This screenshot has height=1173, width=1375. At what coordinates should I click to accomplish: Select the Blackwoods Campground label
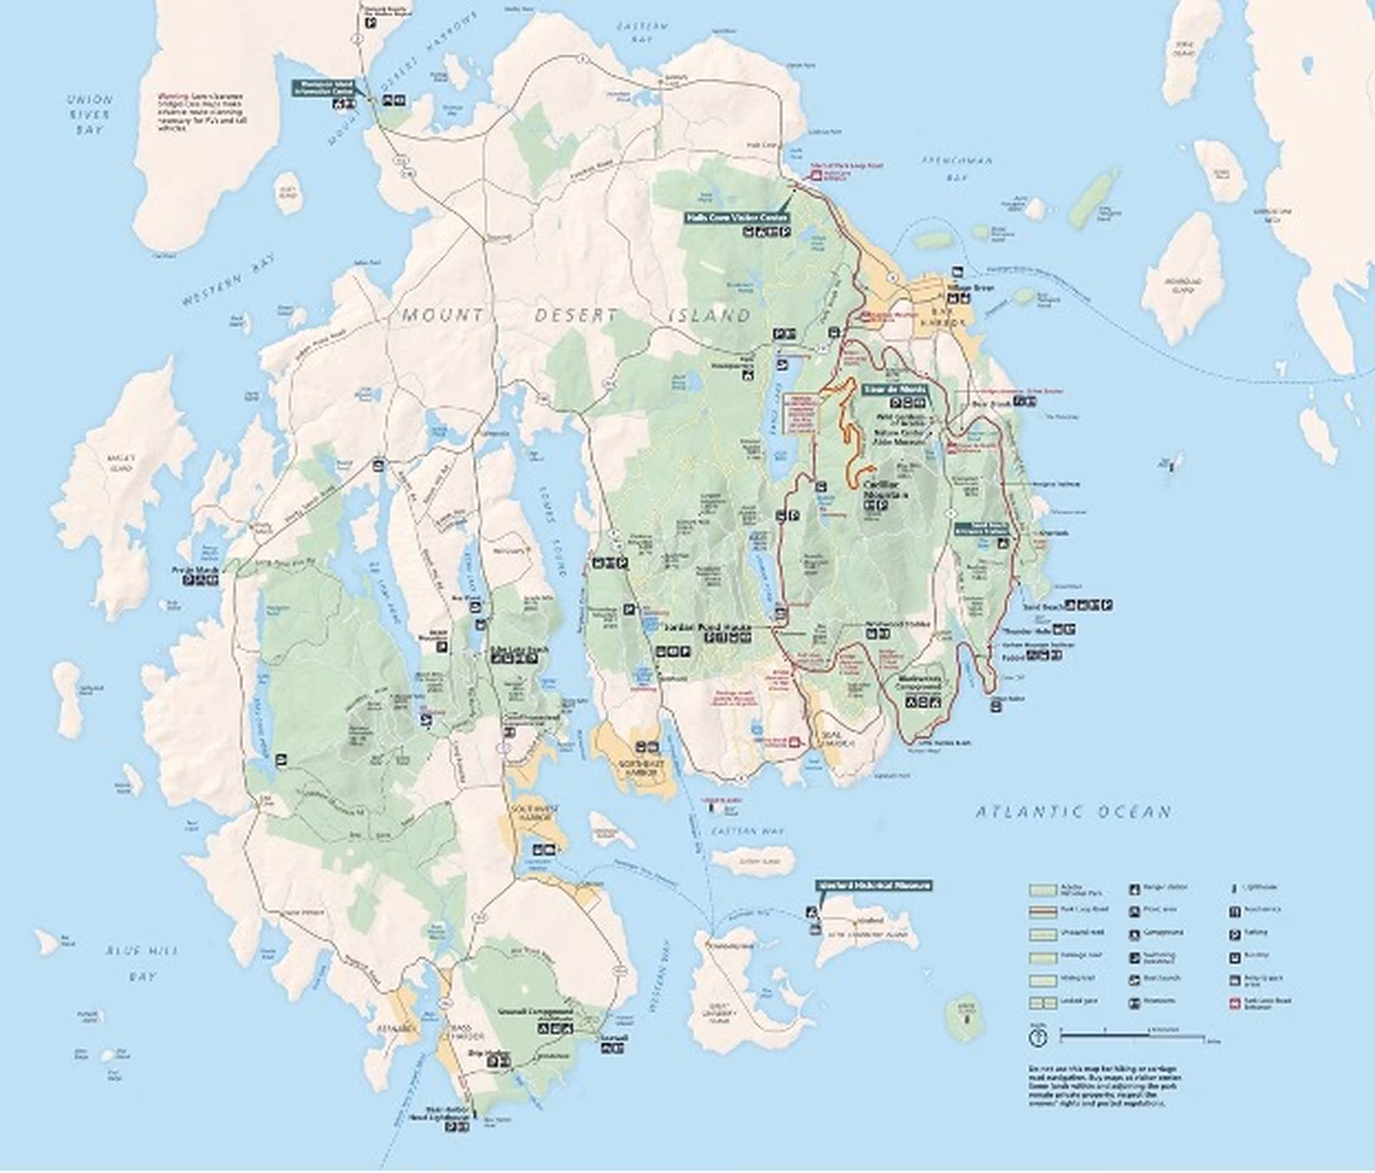[x=918, y=683]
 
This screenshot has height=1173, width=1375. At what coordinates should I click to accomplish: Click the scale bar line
[x=1132, y=1035]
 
